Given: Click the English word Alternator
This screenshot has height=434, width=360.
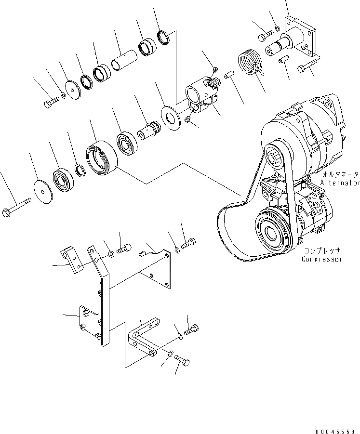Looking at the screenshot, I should coord(339,183).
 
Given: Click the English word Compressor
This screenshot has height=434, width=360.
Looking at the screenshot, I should coord(321,259).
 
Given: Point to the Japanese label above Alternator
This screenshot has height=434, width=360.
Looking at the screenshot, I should coord(339,175).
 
